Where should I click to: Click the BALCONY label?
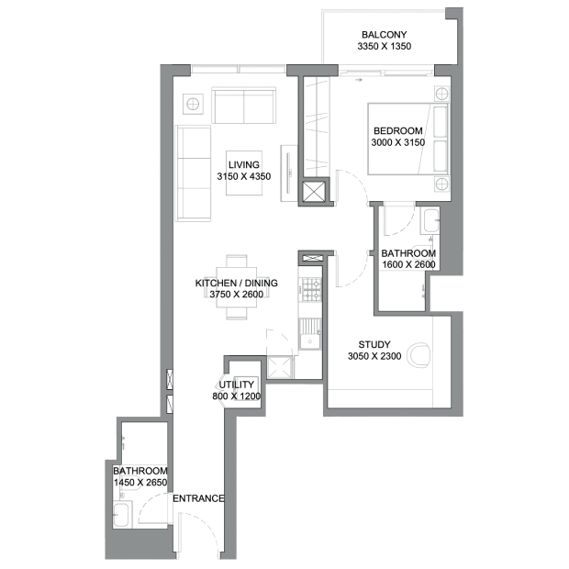pos(384,35)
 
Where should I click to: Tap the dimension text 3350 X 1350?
pos(385,47)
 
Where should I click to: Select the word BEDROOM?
pos(398,130)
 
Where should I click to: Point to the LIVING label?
pos(244,165)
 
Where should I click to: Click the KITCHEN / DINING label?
pos(236,283)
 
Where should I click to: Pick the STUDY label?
pos(374,344)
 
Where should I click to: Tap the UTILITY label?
pos(236,385)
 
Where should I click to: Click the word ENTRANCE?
pos(198,498)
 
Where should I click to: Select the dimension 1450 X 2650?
pos(140,483)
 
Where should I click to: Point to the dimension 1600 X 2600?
pos(408,264)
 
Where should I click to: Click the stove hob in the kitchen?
pos(312,290)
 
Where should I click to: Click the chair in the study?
pos(418,355)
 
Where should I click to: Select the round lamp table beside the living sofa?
pos(193,104)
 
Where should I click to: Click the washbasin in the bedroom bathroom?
pos(430,220)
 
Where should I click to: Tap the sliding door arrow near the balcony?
pos(359,80)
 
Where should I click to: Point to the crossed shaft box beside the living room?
pos(314,192)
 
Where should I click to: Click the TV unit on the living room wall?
pos(289,173)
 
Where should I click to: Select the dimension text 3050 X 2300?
pos(374,356)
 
